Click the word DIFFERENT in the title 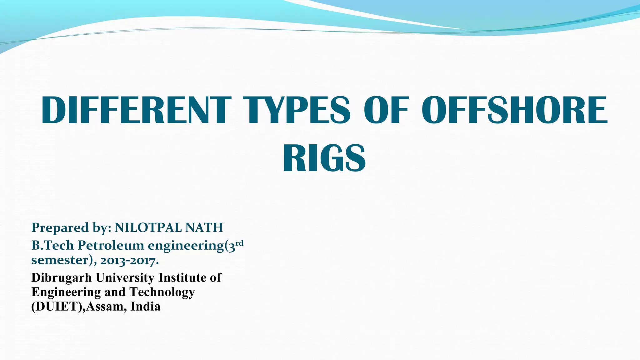click(x=136, y=110)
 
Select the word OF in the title click(x=386, y=110)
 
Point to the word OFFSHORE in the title click(x=514, y=110)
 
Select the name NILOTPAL click(x=148, y=228)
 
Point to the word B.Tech click(x=52, y=246)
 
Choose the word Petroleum click(x=111, y=246)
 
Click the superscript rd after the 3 click(x=239, y=243)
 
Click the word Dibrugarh click(x=62, y=277)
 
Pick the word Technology click(x=162, y=292)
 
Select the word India click(x=145, y=307)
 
